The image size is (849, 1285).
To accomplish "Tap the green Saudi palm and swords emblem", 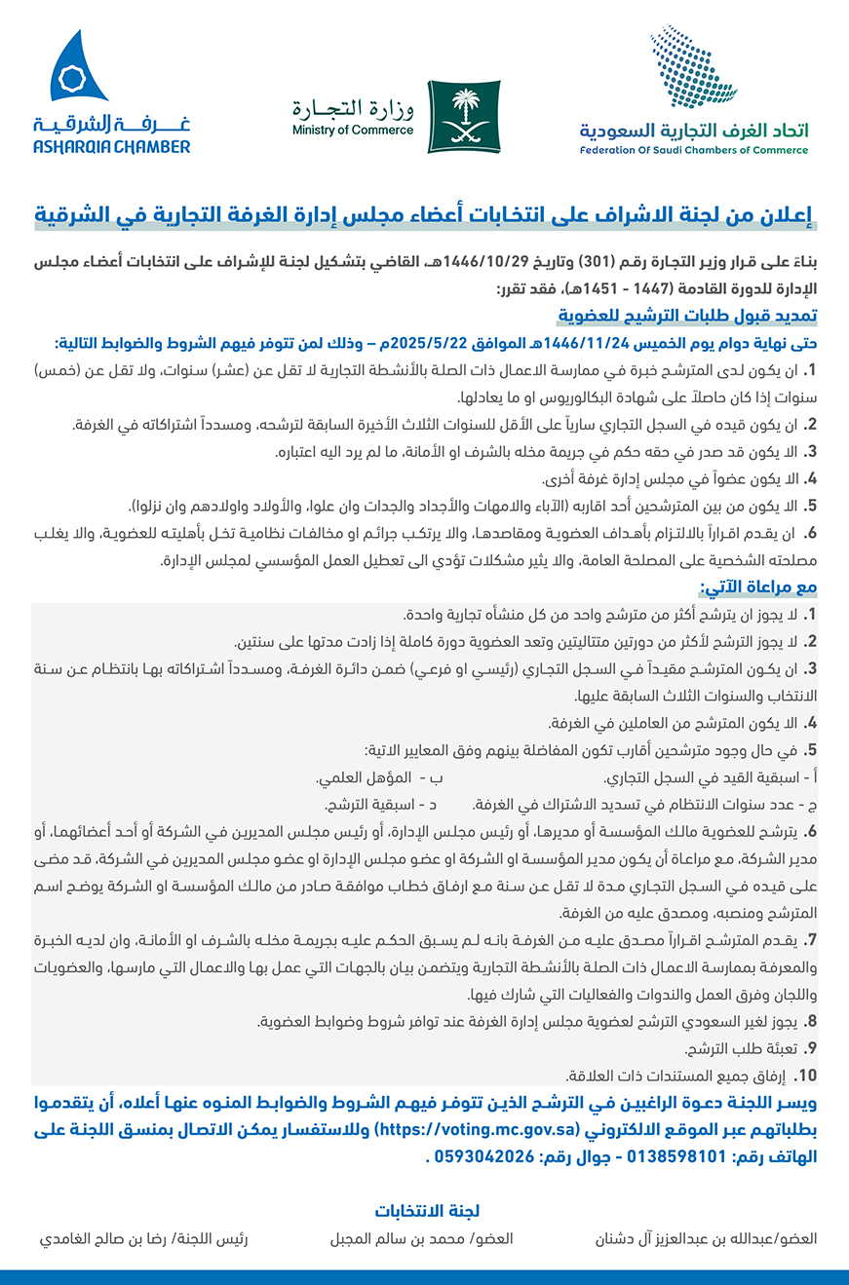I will coord(464,116).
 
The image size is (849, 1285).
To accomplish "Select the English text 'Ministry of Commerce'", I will coord(352,130).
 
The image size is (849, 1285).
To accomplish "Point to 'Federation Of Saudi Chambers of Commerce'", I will coord(693,150).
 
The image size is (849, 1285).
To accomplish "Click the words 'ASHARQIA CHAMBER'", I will coord(111,147).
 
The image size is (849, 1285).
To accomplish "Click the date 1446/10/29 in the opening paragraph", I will coord(480,262).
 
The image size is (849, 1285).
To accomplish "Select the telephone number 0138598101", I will coord(674,1159).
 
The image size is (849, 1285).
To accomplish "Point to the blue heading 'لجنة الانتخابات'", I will coord(426,1211).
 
